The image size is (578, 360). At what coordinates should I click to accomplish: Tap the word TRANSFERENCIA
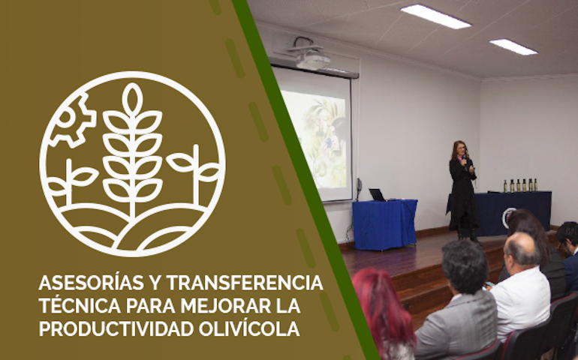[245, 283]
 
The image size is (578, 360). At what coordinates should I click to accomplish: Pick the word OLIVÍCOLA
[249, 328]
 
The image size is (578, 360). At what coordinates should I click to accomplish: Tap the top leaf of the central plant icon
[132, 99]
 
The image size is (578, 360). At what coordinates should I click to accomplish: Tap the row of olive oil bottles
[520, 185]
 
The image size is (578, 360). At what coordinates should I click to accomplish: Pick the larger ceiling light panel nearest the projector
[435, 16]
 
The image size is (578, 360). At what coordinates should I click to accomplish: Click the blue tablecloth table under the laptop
[385, 223]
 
